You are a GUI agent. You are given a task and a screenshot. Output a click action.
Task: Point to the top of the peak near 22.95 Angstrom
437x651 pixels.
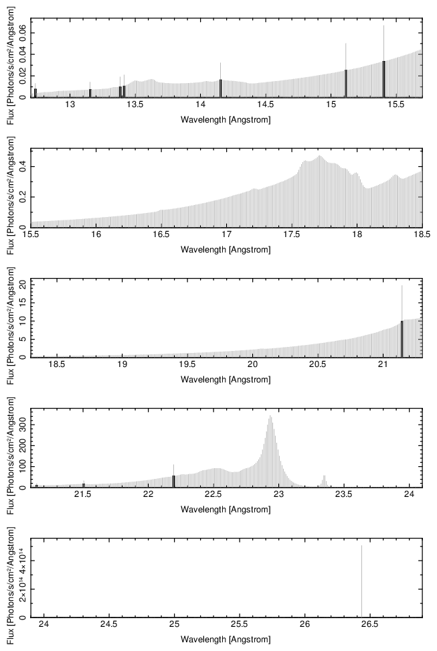(270, 417)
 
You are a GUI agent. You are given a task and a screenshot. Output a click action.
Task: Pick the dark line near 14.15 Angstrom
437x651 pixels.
(220, 88)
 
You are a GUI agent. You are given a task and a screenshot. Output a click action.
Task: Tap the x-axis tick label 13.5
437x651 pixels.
(135, 106)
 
